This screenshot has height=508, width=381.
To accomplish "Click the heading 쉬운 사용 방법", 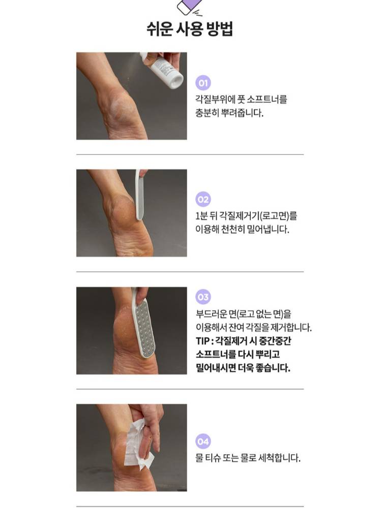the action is click(190, 29).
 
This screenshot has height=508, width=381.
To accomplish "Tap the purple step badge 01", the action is click(203, 83).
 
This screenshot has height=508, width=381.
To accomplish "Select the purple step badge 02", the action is click(203, 199).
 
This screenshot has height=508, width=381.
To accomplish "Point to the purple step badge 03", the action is click(203, 297).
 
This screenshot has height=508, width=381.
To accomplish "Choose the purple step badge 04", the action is click(203, 441).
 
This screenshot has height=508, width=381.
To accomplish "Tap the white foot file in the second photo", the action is click(139, 195).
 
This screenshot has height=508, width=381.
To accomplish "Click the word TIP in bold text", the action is click(203, 341).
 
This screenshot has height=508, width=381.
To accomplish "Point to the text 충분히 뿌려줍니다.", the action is click(229, 113).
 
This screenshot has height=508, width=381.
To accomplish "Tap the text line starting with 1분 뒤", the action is click(246, 215).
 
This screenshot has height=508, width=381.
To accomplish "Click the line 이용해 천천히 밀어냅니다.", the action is click(242, 230).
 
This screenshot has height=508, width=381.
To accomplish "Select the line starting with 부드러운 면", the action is click(243, 313).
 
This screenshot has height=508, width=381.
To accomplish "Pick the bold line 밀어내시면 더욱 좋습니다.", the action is click(243, 368).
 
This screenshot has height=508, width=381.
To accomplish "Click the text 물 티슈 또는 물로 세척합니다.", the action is click(248, 458).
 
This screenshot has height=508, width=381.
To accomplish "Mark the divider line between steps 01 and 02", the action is click(190, 154).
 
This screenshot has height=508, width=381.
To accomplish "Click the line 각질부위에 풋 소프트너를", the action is click(241, 99).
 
